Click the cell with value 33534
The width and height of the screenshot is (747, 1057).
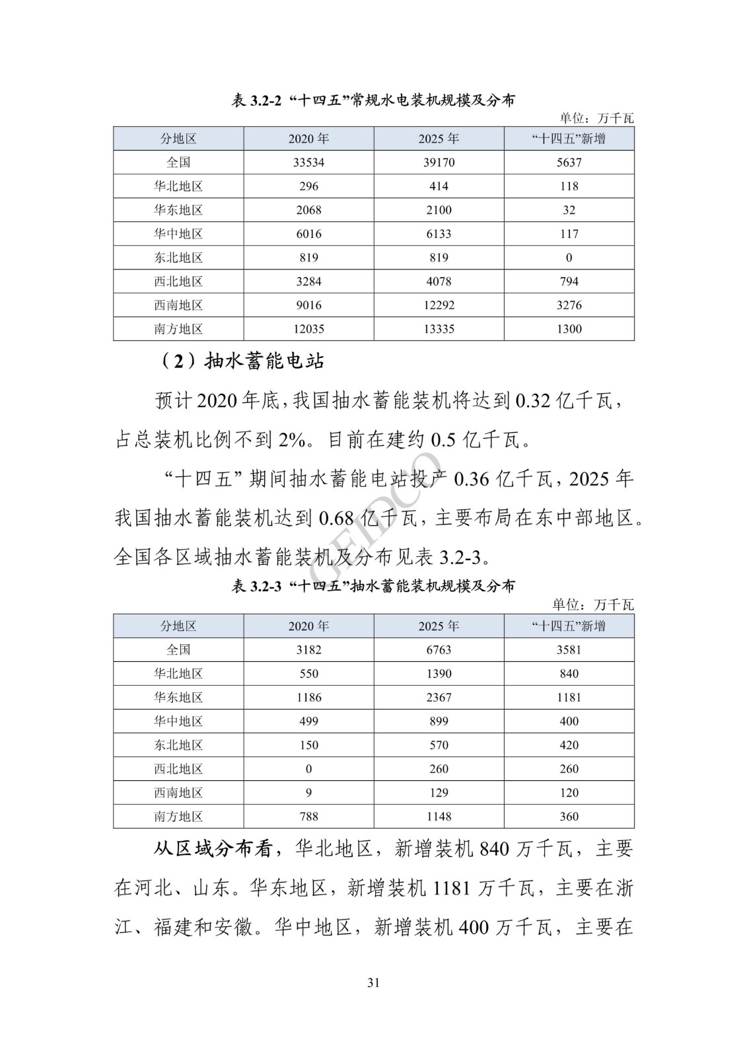[x=308, y=163]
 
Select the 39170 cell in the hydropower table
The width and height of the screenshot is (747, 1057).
[x=439, y=163]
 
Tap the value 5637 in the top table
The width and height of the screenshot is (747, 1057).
[x=569, y=163]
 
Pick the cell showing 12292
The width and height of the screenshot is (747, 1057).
[x=439, y=305]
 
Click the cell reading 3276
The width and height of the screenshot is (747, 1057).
[x=569, y=305]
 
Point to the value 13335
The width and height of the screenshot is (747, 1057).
[x=439, y=329]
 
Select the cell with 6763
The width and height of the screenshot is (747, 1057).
[x=439, y=650]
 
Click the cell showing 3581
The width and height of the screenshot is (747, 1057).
[x=569, y=650]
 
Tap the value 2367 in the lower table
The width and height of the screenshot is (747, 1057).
[x=439, y=698]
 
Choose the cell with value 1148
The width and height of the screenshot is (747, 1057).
[x=439, y=817]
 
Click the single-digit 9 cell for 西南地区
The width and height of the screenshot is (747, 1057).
[x=308, y=793]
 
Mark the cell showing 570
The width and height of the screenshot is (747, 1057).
[x=439, y=745]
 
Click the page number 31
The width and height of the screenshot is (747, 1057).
[x=373, y=982]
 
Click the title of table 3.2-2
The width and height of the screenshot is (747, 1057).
[x=373, y=100]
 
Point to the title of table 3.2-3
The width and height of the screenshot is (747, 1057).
[x=373, y=586]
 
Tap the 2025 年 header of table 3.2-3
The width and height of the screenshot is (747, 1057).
[x=439, y=626]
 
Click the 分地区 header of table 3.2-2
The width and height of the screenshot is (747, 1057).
[x=178, y=139]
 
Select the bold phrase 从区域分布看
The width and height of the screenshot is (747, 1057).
[x=213, y=849]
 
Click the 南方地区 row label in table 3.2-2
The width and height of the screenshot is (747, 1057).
[x=178, y=329]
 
